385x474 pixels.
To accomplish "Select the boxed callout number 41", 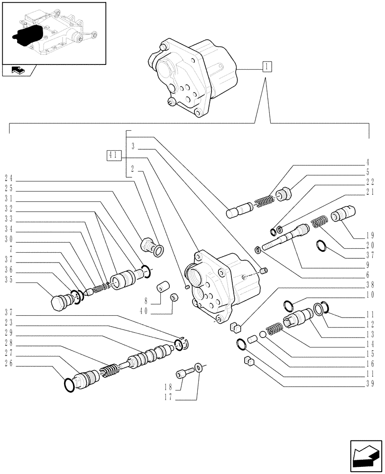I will click(114, 155).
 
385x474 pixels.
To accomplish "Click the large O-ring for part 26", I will click(69, 385).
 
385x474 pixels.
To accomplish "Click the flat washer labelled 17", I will click(198, 367).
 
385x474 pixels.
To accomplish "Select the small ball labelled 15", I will click(262, 335).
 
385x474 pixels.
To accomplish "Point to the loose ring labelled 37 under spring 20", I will click(321, 246).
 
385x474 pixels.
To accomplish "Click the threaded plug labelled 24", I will click(148, 246).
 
